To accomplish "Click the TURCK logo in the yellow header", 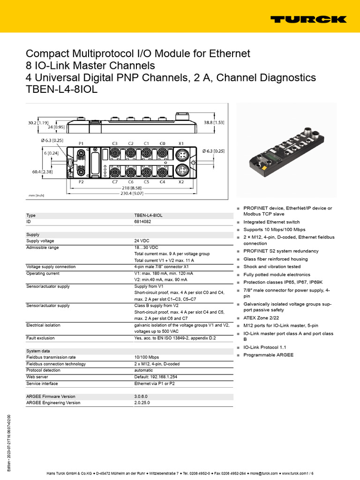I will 308,19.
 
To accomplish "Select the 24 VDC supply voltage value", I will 143,241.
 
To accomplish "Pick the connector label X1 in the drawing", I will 181,143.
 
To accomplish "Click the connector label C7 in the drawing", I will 115,181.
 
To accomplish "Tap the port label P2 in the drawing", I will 81,181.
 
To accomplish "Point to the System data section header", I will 39,351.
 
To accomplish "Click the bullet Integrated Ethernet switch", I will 271,222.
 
